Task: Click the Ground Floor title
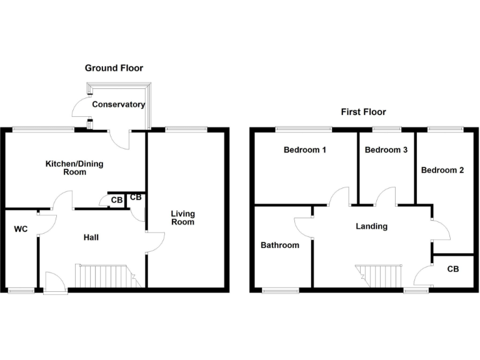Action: [114, 68]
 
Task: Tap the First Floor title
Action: [363, 112]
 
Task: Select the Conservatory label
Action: [119, 105]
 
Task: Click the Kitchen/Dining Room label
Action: [74, 167]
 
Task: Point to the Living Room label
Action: [183, 217]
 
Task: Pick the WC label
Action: [21, 229]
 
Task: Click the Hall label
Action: [91, 237]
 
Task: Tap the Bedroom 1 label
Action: [305, 150]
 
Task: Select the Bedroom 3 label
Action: [386, 150]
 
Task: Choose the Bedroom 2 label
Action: [442, 170]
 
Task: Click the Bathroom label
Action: [279, 245]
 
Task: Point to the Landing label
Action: [372, 226]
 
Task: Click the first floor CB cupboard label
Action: [453, 269]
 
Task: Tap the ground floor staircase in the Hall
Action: [106, 276]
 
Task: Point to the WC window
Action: [21, 289]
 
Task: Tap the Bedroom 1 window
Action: [304, 129]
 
